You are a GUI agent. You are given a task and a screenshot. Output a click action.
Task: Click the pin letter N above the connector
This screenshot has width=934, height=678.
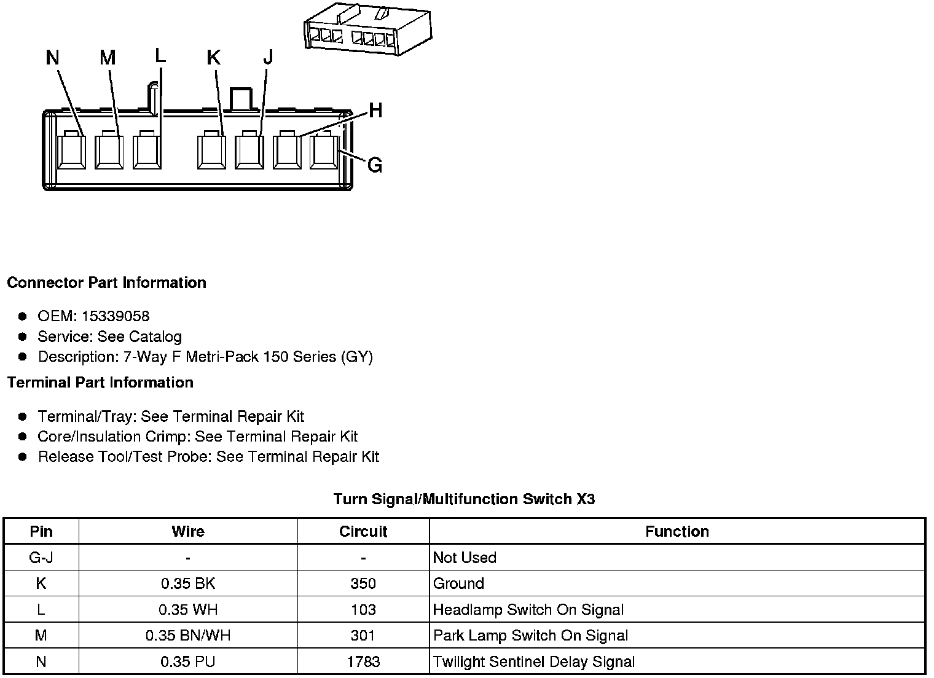click(52, 58)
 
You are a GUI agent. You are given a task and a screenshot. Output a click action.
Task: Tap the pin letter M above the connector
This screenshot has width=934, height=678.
click(108, 58)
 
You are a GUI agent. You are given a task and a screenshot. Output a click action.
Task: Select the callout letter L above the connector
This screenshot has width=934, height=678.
click(160, 56)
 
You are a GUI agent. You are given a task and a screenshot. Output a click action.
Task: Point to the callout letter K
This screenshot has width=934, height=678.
click(213, 58)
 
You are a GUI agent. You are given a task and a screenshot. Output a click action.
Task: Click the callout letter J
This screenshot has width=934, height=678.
click(267, 58)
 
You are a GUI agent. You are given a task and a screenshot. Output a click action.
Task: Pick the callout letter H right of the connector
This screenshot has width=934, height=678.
click(375, 111)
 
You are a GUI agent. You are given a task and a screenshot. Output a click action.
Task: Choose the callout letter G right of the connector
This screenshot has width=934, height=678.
click(374, 165)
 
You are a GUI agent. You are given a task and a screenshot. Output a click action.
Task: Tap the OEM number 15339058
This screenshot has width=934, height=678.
click(116, 316)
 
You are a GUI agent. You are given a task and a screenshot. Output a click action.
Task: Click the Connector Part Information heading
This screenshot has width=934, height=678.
click(106, 283)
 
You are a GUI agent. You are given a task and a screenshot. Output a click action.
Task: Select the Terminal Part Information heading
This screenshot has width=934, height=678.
click(100, 383)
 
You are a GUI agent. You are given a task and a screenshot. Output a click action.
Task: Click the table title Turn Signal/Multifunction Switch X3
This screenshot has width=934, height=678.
click(464, 499)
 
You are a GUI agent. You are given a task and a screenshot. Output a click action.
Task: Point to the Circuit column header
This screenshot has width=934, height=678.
click(363, 532)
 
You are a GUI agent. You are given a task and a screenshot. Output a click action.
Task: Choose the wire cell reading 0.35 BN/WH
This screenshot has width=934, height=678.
click(188, 636)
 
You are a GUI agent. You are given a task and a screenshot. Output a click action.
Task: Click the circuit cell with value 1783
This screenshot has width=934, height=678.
click(363, 662)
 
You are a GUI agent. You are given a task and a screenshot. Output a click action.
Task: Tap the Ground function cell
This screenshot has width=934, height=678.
click(458, 583)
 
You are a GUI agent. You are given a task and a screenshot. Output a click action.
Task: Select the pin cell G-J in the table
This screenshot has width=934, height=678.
click(41, 558)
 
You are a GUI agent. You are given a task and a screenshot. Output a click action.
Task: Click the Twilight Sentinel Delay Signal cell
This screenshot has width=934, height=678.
click(533, 662)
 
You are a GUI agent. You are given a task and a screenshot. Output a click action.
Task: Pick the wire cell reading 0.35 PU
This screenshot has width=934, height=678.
click(188, 662)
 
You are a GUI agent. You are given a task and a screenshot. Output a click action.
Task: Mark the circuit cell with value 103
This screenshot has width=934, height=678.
click(363, 610)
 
